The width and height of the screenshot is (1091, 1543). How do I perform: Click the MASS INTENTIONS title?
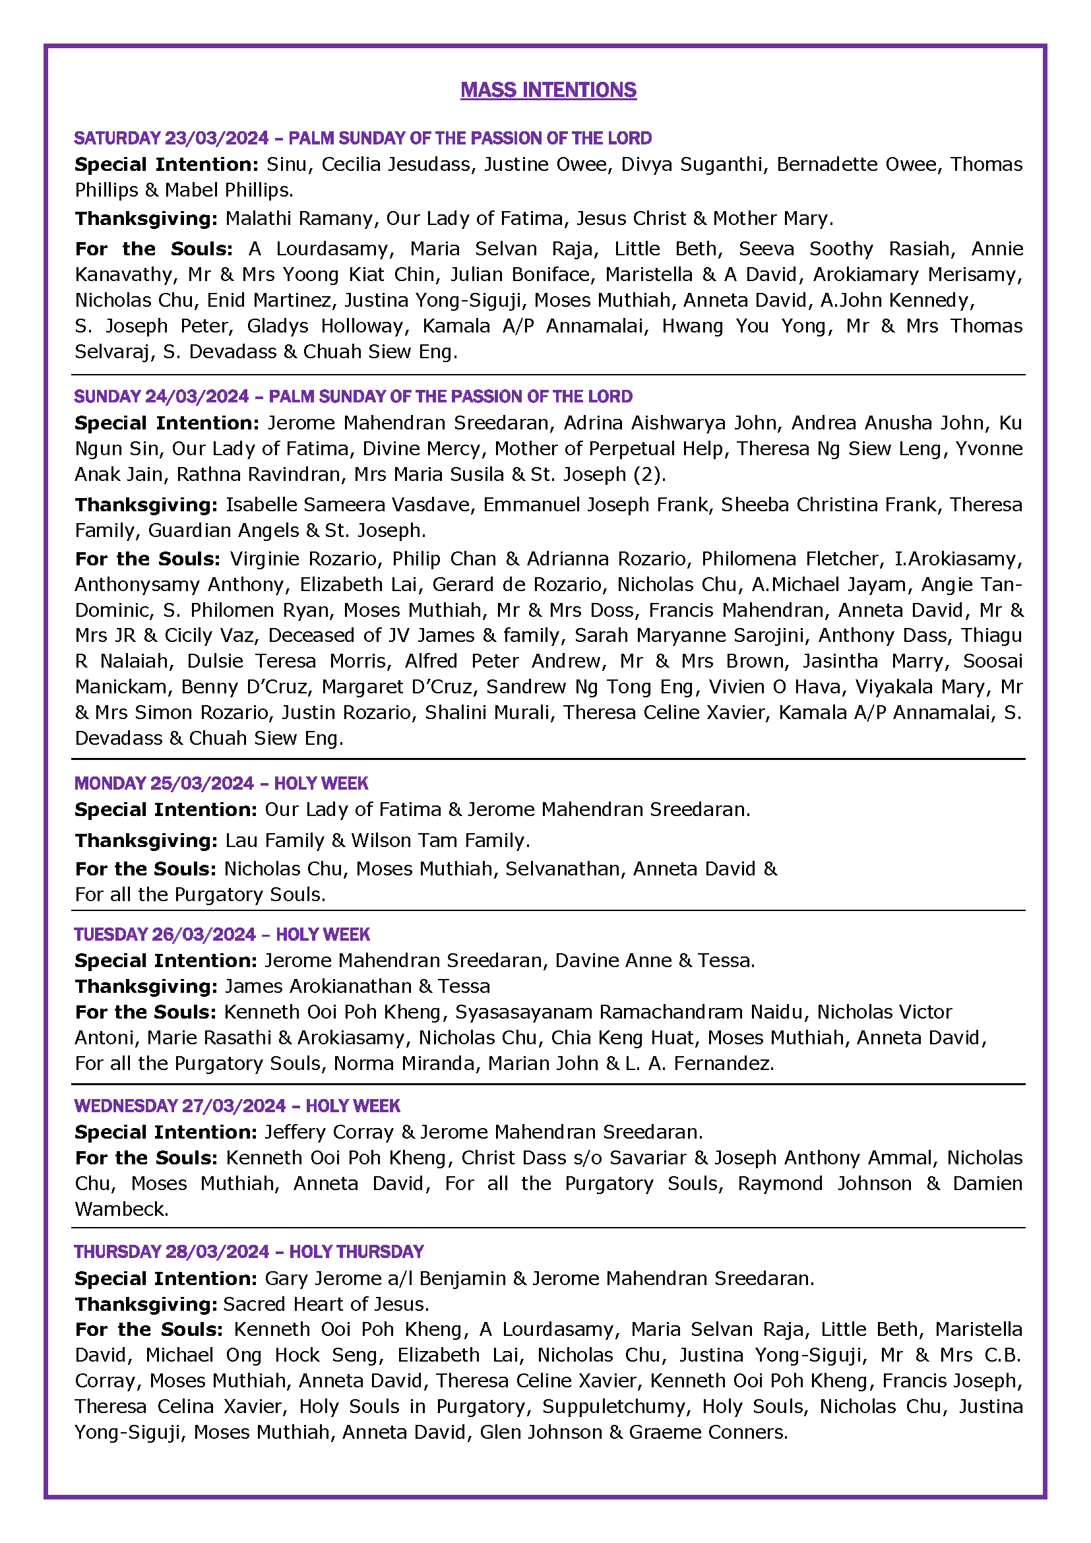(x=548, y=90)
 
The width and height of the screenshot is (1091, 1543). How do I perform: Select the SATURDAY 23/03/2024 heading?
(x=171, y=139)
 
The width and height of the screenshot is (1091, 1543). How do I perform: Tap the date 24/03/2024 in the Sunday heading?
(x=197, y=396)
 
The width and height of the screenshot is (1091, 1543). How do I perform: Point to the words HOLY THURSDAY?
(x=356, y=1251)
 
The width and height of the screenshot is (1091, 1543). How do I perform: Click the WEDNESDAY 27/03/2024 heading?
(x=180, y=1106)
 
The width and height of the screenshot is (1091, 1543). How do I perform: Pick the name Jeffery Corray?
(x=328, y=1133)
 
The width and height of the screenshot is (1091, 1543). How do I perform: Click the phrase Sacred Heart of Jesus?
(x=325, y=1304)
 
